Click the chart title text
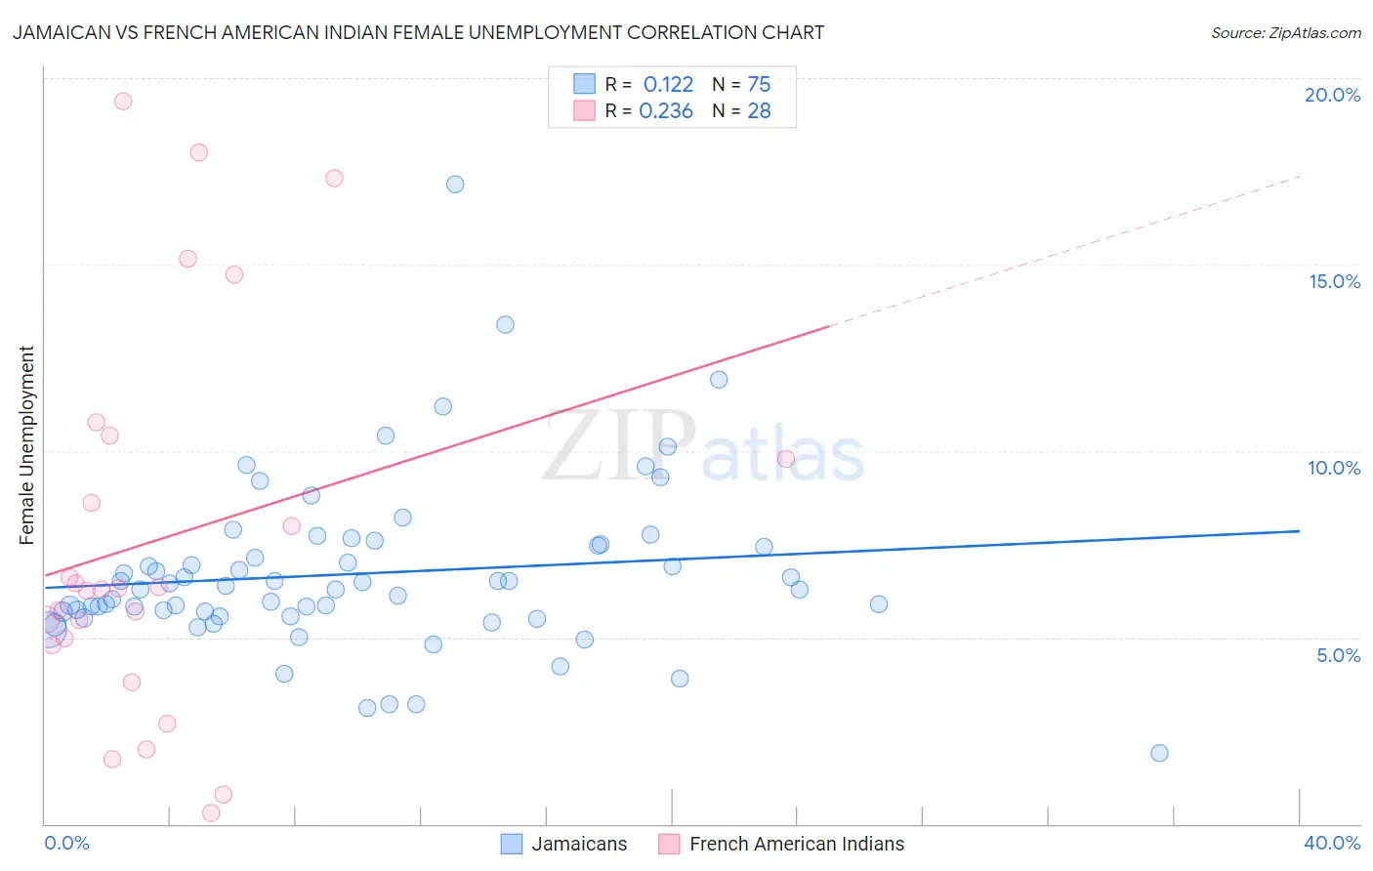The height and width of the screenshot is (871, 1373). point(418,32)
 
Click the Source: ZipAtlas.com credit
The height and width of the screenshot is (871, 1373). point(1285,32)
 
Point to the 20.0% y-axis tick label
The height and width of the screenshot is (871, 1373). point(1332,95)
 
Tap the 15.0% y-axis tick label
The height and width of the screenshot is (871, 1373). point(1334,281)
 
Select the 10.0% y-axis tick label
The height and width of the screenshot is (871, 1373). point(1334,468)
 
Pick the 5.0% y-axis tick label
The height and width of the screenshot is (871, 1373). point(1338,655)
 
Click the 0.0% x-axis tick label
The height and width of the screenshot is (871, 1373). point(66,843)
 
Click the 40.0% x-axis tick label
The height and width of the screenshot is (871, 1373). point(1331,843)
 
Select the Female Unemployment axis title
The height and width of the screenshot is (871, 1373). point(26,445)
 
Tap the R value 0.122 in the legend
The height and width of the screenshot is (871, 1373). point(668,85)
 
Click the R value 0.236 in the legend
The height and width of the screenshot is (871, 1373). point(666,111)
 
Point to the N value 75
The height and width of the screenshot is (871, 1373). point(759,85)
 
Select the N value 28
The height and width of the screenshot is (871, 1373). point(759,111)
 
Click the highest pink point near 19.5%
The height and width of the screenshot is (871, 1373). point(123,102)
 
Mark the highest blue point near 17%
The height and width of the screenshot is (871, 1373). point(455,185)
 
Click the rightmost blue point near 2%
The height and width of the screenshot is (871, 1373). point(1159,753)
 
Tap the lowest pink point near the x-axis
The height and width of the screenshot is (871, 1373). point(211,812)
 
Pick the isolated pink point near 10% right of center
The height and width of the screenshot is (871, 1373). point(786,459)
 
